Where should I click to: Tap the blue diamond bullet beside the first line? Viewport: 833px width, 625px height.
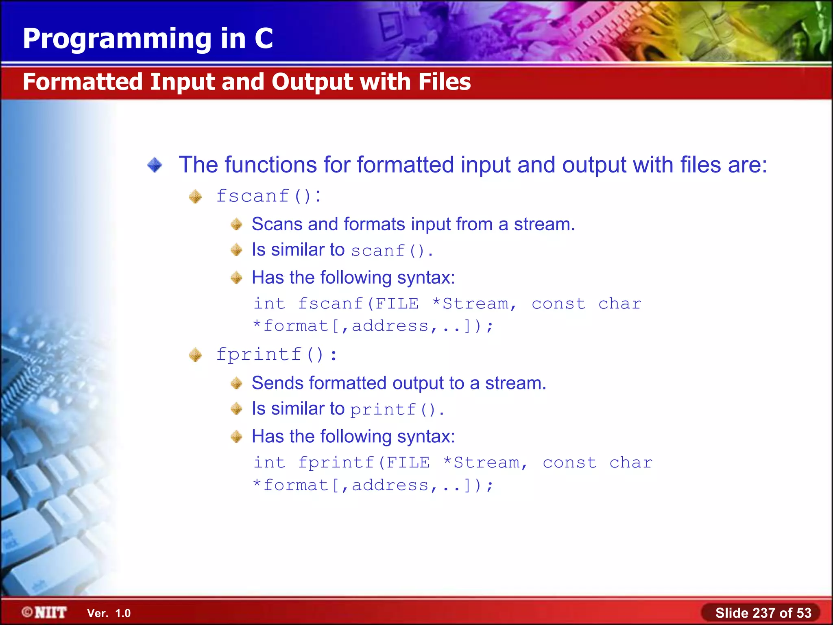pos(155,165)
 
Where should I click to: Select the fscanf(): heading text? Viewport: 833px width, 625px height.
pos(268,196)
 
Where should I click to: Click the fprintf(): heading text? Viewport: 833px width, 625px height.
pos(277,354)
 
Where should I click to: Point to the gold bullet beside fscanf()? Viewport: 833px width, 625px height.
pos(195,197)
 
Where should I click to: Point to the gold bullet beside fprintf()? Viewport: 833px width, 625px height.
pos(195,355)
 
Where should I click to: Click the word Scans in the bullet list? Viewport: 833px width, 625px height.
pos(277,224)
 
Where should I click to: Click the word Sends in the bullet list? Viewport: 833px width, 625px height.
pos(278,383)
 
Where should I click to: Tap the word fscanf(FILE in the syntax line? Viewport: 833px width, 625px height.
pos(358,304)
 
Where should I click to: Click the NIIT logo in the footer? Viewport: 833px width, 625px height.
pos(45,612)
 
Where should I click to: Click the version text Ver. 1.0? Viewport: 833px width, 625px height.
pos(109,613)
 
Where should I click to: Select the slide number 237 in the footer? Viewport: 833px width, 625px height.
pos(764,613)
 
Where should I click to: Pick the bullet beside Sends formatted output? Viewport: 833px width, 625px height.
pos(236,383)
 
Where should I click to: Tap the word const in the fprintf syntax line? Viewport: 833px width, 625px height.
pos(569,463)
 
